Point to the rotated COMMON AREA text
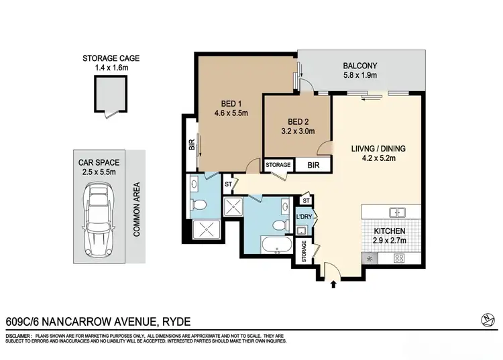click(x=136, y=209)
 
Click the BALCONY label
click(x=360, y=66)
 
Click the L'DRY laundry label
click(x=304, y=217)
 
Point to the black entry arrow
click(x=334, y=285)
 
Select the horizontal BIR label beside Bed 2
click(x=313, y=164)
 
